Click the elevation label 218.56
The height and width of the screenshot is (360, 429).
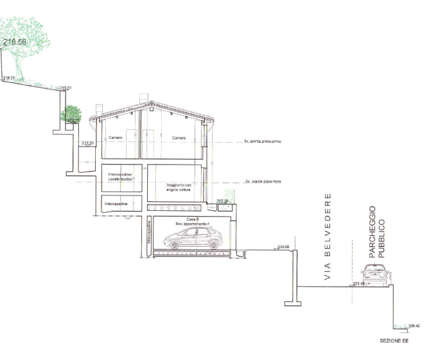(x=15, y=42)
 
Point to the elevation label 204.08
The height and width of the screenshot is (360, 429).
(x=283, y=246)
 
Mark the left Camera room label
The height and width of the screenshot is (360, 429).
(x=116, y=138)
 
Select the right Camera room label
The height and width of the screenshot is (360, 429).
(x=179, y=138)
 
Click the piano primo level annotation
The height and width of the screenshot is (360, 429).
(x=263, y=141)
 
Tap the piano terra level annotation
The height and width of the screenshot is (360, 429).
(x=264, y=183)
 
